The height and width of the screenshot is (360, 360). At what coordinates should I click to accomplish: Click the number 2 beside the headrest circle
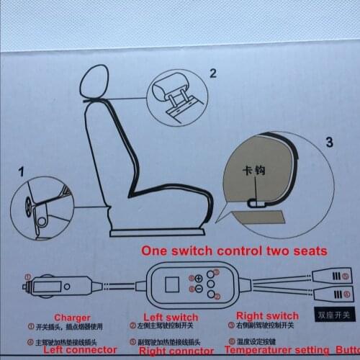coord(212,72)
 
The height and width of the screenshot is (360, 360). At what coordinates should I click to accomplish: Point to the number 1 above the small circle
coord(22,173)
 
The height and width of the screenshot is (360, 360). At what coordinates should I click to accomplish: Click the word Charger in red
coord(73,317)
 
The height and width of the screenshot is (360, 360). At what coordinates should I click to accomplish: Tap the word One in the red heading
coord(156,251)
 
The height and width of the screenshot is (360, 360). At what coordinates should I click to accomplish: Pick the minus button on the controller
coord(199,289)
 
